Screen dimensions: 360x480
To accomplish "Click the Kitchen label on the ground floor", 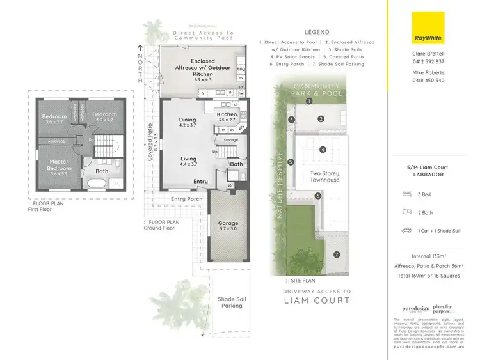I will pyautogui.click(x=227, y=114).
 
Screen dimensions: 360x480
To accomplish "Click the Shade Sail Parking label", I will pyautogui.click(x=230, y=302).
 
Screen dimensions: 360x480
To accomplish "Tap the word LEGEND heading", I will pyautogui.click(x=317, y=32).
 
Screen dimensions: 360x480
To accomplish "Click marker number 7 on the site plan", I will pyautogui.click(x=337, y=255).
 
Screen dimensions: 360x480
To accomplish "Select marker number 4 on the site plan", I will pyautogui.click(x=323, y=150).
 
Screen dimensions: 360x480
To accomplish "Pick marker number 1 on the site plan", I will pyautogui.click(x=308, y=101).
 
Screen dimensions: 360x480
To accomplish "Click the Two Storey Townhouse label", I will pyautogui.click(x=324, y=176).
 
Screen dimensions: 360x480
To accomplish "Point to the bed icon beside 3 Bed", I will pyautogui.click(x=406, y=193).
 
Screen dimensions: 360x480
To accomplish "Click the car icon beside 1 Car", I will pyautogui.click(x=406, y=230).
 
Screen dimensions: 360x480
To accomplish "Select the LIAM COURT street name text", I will pyautogui.click(x=317, y=301).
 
